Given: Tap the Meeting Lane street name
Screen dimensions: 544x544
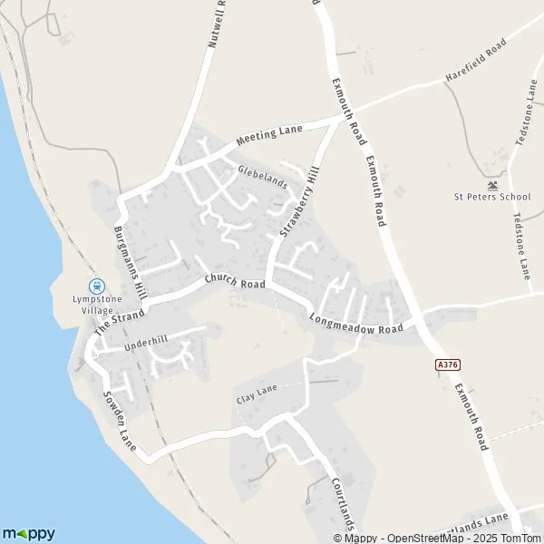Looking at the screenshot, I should tap(269, 136).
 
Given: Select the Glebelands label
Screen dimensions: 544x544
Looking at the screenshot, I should tap(263, 176).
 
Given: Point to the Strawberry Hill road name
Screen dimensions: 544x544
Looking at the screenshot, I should tap(300, 202).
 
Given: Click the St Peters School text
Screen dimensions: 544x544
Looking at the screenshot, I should tap(492, 197).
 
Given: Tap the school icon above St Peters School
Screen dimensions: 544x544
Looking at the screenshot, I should tap(492, 183).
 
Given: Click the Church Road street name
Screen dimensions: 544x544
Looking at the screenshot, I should tap(235, 283).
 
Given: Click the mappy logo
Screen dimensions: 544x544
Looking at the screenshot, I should tap(28, 533).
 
